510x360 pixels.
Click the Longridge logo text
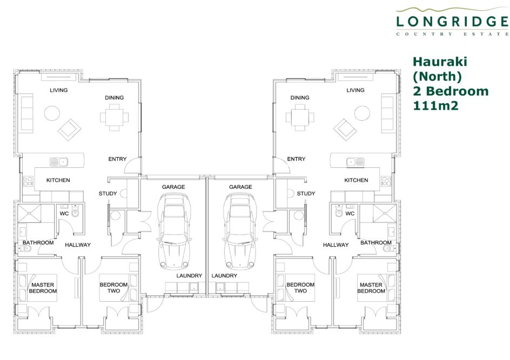[452, 22]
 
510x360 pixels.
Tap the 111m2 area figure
[435, 106]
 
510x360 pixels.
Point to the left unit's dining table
[114, 117]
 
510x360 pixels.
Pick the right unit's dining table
[300, 117]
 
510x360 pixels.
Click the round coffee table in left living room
[52, 113]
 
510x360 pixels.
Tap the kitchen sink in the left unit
[59, 161]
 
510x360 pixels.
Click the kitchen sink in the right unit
[355, 161]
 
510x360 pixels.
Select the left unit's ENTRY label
[117, 159]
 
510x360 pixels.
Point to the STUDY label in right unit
[306, 193]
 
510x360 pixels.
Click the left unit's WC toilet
[75, 213]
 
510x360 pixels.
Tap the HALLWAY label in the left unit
[78, 244]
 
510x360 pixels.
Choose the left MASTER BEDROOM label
[43, 288]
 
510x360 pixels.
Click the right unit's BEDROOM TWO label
[300, 288]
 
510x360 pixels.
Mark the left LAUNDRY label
[189, 275]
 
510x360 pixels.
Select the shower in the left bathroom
[29, 214]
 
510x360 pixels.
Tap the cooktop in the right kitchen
[386, 181]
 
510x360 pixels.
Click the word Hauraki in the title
[440, 62]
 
